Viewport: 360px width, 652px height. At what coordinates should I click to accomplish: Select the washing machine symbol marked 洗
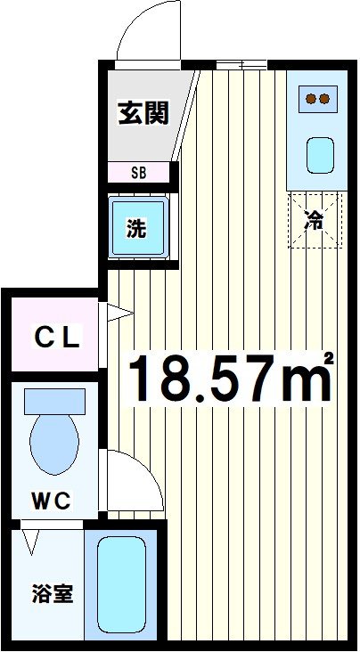[136, 227]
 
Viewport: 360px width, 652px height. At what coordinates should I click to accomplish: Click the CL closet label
[57, 338]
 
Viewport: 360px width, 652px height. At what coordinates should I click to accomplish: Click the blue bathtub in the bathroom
[123, 584]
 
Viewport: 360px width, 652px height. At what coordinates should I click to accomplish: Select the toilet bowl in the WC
[54, 442]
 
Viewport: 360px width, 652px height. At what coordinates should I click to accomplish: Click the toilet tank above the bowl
[54, 400]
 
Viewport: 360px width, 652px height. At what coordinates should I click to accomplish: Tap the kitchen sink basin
[320, 155]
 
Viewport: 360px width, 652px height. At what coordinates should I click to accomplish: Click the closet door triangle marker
[118, 313]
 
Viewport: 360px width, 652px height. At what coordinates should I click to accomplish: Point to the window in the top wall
[241, 64]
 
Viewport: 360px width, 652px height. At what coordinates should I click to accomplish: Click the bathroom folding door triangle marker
[34, 540]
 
